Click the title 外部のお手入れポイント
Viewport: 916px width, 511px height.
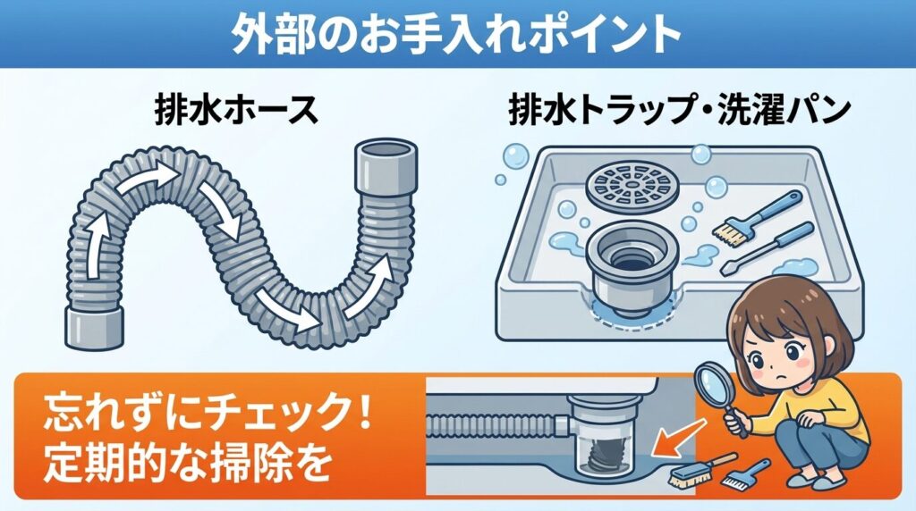click(x=456, y=34)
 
